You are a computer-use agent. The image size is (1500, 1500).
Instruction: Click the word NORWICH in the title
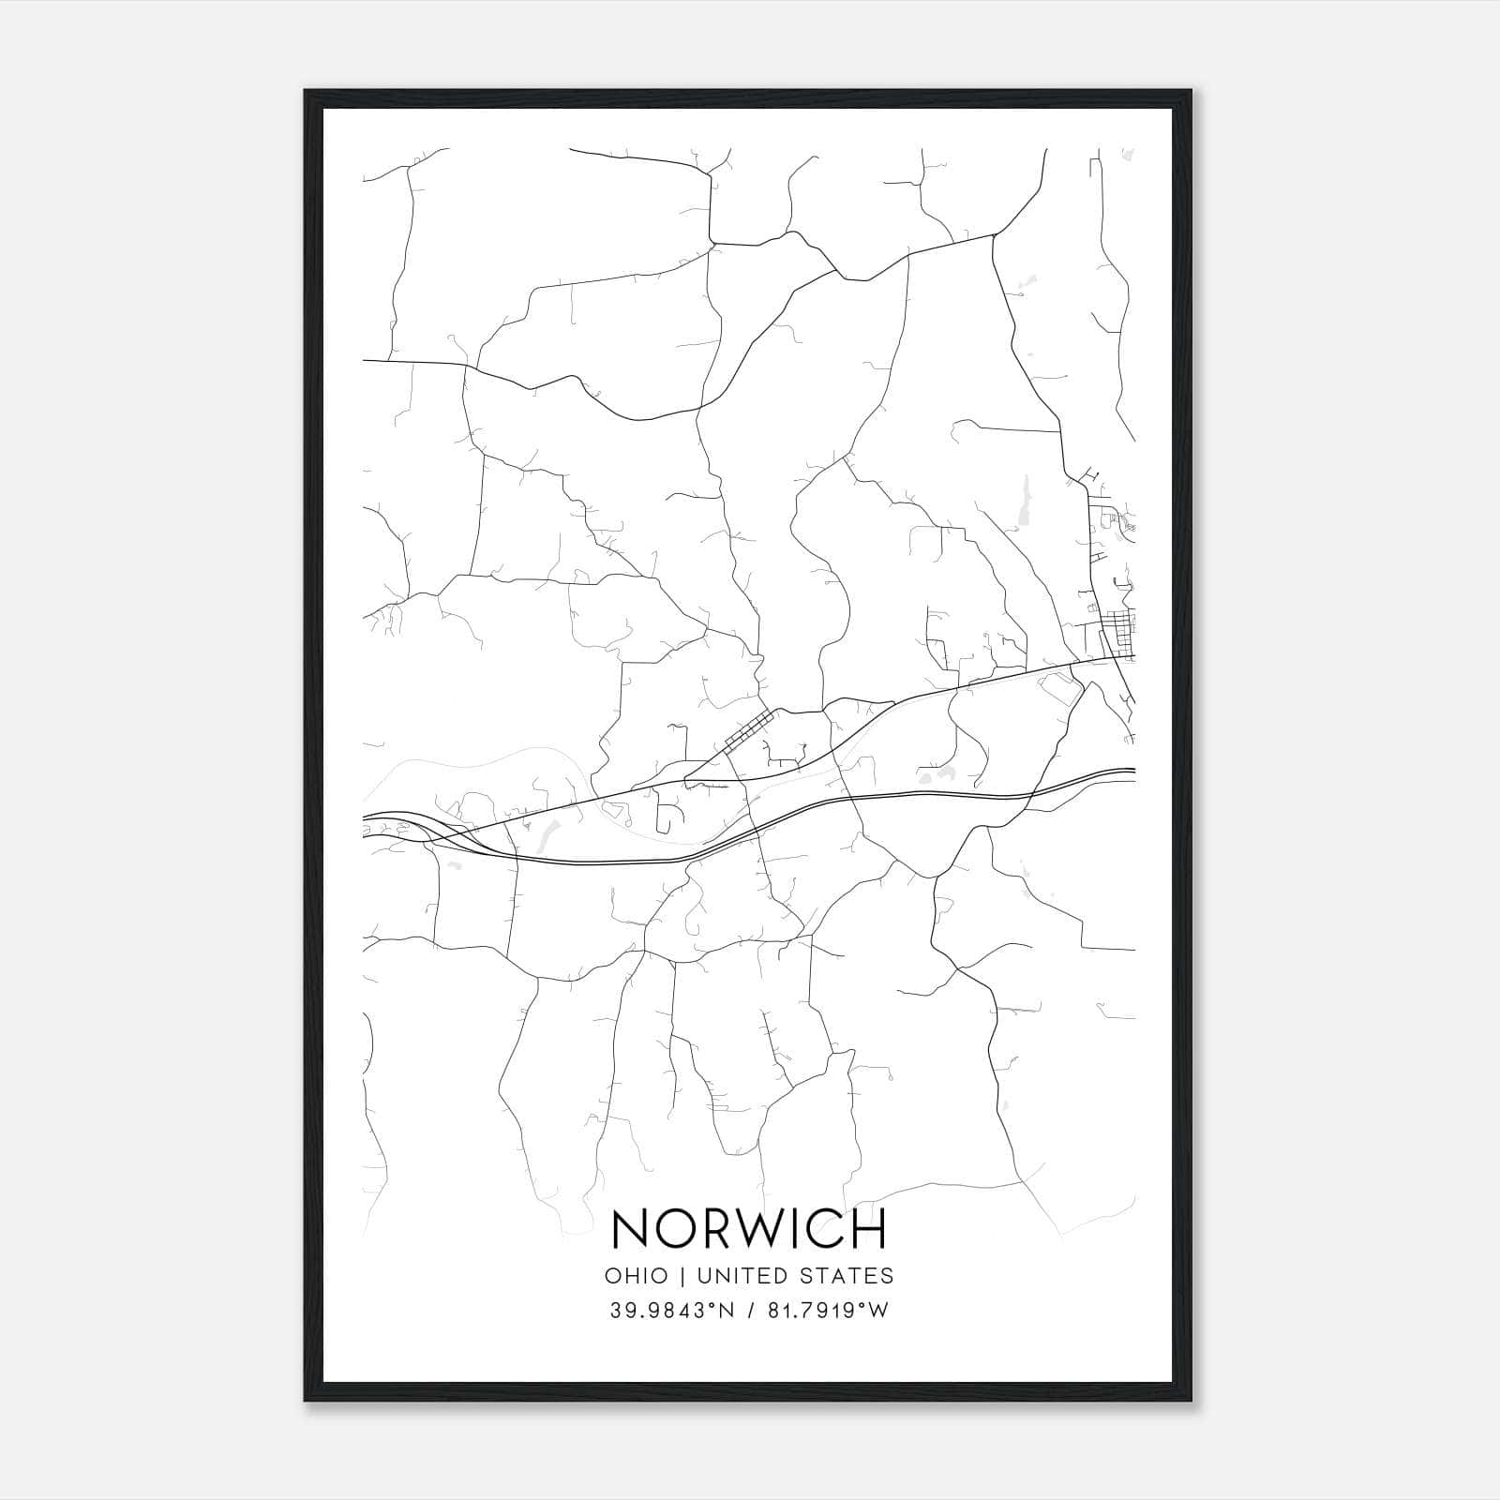[x=748, y=1230]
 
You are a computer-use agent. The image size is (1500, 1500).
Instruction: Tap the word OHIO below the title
[x=637, y=1276]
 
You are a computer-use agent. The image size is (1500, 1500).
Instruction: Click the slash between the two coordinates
[x=750, y=1311]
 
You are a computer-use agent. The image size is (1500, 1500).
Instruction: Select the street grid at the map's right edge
[x=1116, y=622]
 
